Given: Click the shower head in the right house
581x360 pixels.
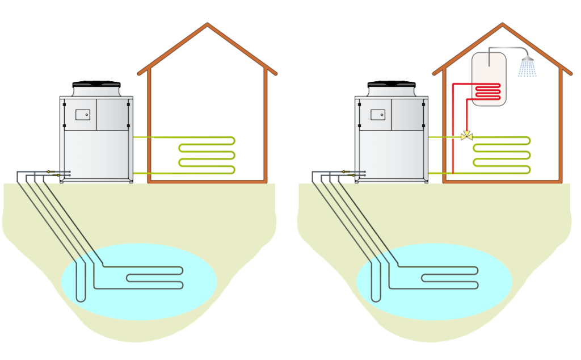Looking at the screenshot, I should click(528, 58).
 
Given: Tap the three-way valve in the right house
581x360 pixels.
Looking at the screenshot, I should click(467, 137).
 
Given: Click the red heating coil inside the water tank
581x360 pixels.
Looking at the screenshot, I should click(487, 91).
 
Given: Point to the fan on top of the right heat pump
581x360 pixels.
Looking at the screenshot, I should click(391, 86).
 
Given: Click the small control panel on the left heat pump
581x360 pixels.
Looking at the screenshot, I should click(83, 114).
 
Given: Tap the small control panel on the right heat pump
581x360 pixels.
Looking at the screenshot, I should click(378, 114).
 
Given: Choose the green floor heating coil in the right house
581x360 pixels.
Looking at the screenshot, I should click(502, 154).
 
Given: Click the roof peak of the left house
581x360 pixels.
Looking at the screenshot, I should click(208, 25).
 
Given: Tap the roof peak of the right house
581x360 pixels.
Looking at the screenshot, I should click(503, 25).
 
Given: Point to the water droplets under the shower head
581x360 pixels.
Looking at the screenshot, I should click(527, 69).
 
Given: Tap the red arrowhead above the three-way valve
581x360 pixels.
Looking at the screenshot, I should click(467, 129).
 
